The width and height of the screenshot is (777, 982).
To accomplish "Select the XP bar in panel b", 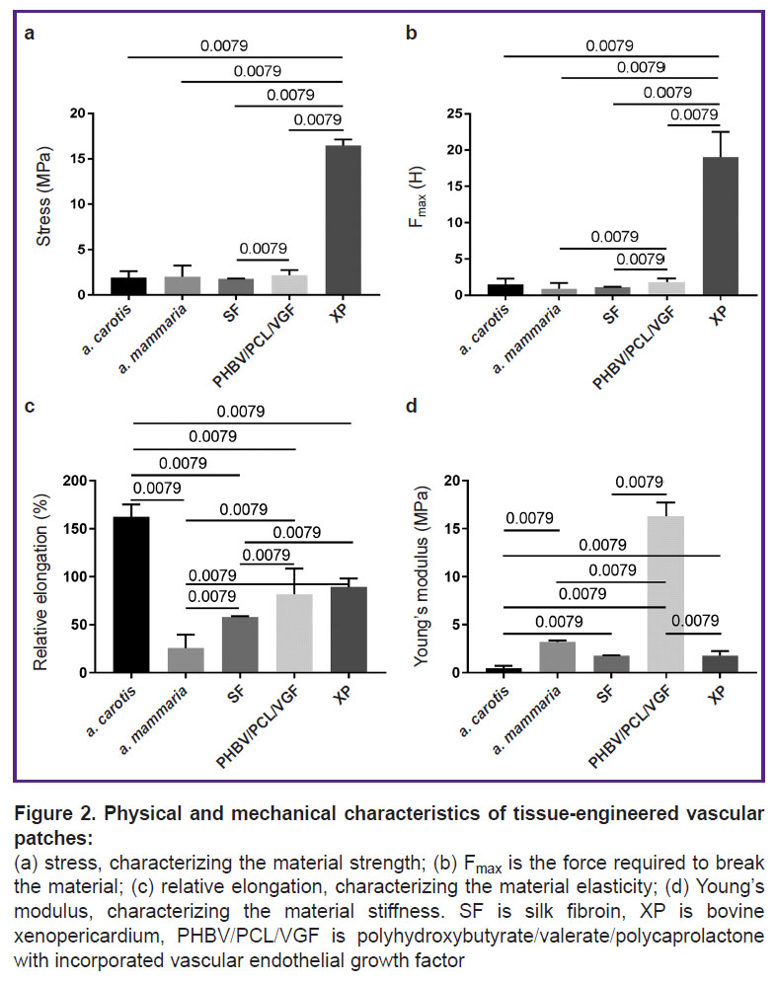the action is pos(720,226).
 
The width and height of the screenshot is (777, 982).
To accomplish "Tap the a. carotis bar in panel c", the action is pos(131,594).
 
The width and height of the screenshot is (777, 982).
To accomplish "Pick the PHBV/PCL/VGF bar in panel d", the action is pos(665,594).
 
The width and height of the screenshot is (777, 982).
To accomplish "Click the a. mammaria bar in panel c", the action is pos(186,660).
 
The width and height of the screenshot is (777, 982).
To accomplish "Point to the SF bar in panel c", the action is pos(240,644).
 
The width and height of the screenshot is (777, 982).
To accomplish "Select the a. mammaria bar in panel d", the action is pos(557,657).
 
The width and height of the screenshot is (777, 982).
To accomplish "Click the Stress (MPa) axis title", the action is pos(43,196).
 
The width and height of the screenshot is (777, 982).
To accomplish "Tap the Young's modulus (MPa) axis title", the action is pos(422,576).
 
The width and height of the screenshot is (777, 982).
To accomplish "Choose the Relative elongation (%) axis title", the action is pos(41,582).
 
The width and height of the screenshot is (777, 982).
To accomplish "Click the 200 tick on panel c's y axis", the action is pos(75,481).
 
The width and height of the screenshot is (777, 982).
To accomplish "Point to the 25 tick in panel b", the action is pos(455,113).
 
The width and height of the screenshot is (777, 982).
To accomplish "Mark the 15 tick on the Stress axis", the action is pos(78,159).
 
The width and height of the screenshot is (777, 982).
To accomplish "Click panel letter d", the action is pos(411,407).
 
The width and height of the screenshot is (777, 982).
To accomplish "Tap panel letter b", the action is pos(411,33).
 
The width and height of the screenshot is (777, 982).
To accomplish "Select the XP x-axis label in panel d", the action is pos(718,693).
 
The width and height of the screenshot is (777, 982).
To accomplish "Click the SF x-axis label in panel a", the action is pos(232,311).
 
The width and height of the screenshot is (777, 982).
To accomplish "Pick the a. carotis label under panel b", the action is pos(483,330).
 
